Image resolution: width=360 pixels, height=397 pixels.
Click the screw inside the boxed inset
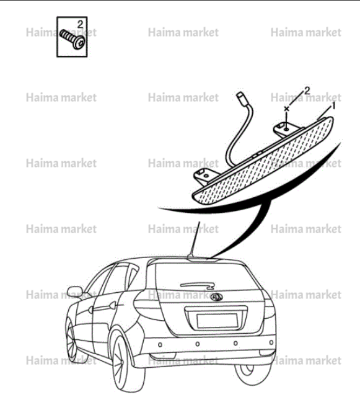tap(72, 40)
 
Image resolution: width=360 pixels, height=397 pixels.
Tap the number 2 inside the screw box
tap(80, 24)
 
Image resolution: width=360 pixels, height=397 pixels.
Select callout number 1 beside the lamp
tap(333, 106)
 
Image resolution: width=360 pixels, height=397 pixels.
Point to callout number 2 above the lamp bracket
tap(307, 91)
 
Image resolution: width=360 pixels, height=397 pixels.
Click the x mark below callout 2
tap(286, 109)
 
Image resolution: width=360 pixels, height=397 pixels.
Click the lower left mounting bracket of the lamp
tap(205, 176)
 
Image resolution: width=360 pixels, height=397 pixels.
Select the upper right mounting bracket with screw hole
tap(286, 129)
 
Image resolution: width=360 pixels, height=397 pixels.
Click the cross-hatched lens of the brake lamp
tap(263, 162)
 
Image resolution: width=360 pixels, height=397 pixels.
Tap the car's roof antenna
tap(195, 239)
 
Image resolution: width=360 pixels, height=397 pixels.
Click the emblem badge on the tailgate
tap(216, 297)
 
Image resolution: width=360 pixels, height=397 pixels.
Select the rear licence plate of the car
tap(217, 321)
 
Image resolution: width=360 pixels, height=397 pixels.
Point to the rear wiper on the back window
tap(198, 285)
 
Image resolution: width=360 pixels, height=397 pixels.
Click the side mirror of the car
tap(75, 292)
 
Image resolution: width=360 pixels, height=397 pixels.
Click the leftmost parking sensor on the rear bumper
tap(160, 345)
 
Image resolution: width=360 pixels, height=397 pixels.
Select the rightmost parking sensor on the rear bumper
tap(271, 342)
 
